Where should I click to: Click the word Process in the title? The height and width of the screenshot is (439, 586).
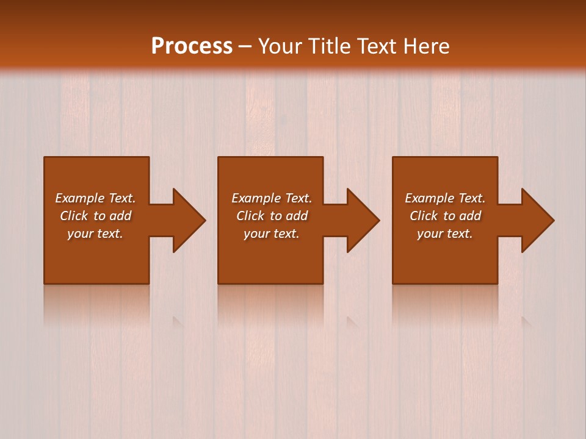point(192,46)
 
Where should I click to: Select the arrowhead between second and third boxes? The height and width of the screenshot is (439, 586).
point(363,220)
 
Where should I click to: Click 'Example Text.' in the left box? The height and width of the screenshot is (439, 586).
point(95,198)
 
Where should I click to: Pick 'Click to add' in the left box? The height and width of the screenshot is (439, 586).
point(95,216)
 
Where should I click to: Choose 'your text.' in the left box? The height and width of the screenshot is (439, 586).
point(95,234)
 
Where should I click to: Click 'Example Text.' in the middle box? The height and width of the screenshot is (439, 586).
point(272,198)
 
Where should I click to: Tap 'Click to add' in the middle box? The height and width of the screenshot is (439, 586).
point(272,216)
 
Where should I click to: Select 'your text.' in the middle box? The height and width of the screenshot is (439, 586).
point(272,234)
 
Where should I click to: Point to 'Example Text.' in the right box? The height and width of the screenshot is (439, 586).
point(445,198)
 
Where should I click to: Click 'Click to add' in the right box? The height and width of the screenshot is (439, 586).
point(445,216)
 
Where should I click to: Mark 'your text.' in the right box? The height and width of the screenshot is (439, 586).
point(445,234)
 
